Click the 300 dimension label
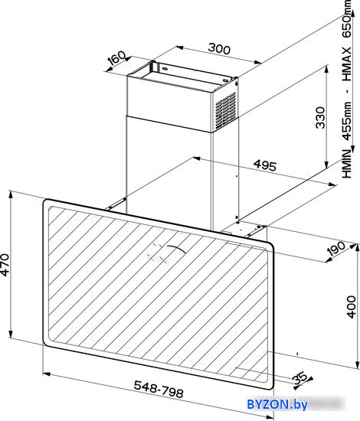tap(219, 49)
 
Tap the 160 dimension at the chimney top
tap(117, 60)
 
